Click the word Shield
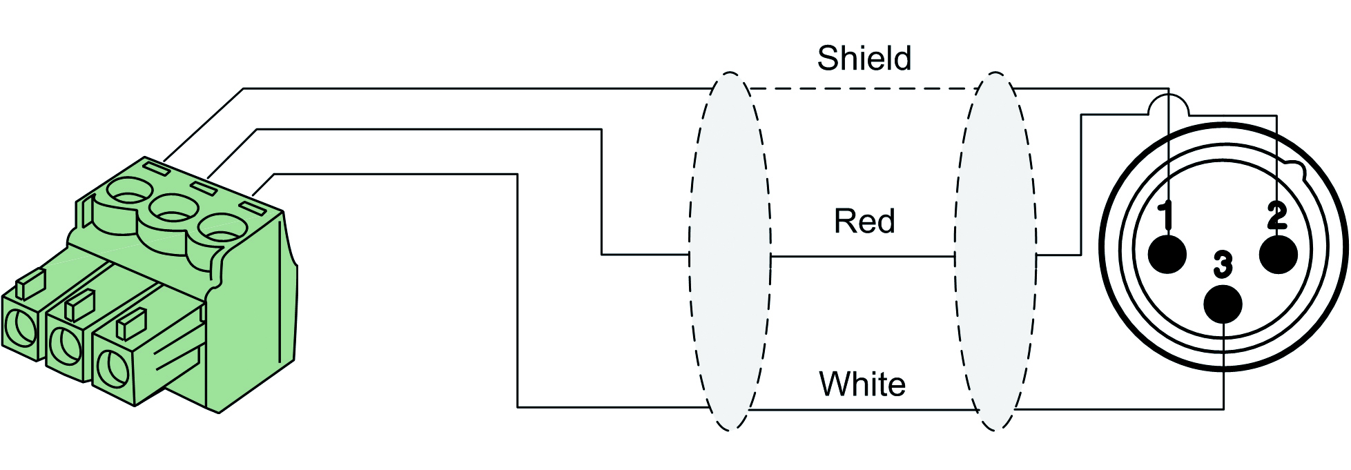point(864,58)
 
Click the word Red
point(864,222)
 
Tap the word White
point(862,384)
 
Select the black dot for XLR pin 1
point(1167,255)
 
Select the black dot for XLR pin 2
point(1278,255)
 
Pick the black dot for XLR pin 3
point(1223,304)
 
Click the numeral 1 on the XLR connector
point(1166,215)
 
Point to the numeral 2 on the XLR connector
point(1277,215)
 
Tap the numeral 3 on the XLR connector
point(1223,264)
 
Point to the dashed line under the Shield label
point(863,88)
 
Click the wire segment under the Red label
point(863,256)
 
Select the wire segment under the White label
point(863,410)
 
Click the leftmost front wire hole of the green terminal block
point(19,328)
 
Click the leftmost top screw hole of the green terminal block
point(128,190)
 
